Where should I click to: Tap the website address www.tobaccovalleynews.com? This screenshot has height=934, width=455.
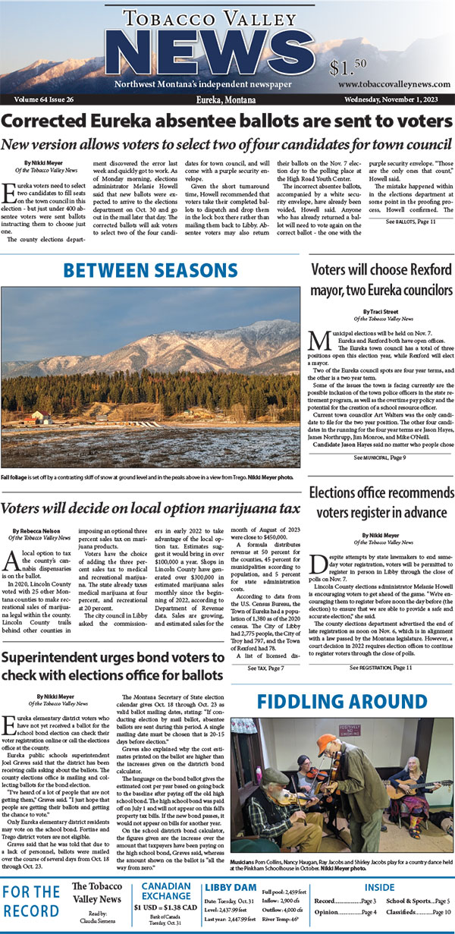[x=394, y=84]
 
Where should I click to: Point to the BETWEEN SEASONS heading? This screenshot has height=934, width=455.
[x=150, y=270]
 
